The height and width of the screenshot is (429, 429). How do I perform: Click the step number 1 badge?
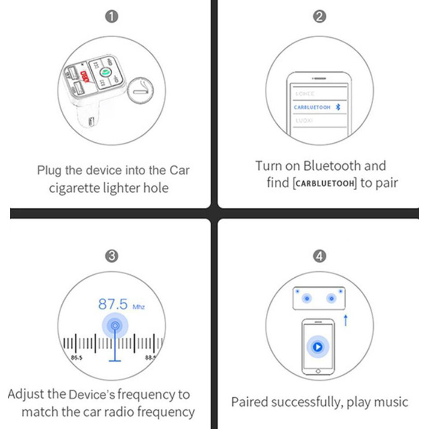tap(112, 17)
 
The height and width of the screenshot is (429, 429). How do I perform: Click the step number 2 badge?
tap(320, 17)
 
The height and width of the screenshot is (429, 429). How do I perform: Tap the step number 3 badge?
tap(112, 256)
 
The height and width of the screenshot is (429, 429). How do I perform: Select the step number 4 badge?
tap(320, 256)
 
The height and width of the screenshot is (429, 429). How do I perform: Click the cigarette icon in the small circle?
tap(141, 91)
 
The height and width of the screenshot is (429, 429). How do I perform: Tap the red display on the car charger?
tap(84, 78)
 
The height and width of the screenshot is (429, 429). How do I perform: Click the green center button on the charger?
tap(105, 71)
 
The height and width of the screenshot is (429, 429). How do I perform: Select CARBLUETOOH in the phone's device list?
tap(312, 108)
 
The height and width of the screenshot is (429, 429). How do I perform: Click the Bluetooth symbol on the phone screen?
tap(338, 107)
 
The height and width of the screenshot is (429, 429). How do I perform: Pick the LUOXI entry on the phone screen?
tap(304, 121)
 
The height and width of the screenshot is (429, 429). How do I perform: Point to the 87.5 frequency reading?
tap(113, 304)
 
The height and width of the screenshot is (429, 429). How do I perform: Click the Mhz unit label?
tap(139, 307)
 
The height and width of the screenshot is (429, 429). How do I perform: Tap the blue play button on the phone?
tap(318, 347)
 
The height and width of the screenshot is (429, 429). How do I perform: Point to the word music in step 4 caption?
tap(390, 402)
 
